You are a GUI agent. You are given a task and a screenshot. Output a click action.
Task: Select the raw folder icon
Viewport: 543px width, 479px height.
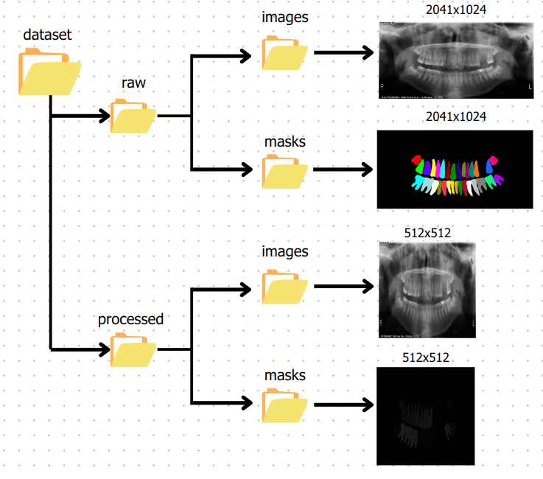(133, 116)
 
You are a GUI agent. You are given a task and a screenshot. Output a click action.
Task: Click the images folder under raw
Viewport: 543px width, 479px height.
(284, 54)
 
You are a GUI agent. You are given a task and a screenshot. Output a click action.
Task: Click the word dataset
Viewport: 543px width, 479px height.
(47, 34)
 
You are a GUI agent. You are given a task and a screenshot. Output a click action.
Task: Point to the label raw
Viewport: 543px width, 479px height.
(133, 83)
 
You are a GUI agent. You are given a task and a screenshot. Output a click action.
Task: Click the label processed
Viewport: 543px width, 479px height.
(130, 320)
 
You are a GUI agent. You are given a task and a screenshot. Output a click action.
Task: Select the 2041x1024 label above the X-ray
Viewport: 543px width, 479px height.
(456, 10)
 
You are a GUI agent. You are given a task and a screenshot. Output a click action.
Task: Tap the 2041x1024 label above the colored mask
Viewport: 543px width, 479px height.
(456, 117)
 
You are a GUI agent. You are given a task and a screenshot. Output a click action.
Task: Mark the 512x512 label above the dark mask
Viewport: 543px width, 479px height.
(427, 357)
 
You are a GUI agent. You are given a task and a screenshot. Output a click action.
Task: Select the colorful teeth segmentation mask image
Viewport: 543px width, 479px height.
(454, 169)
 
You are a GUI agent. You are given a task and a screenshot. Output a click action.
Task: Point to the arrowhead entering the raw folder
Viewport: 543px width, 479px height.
(102, 116)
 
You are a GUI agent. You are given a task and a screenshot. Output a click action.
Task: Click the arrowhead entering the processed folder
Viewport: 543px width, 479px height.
(102, 348)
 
